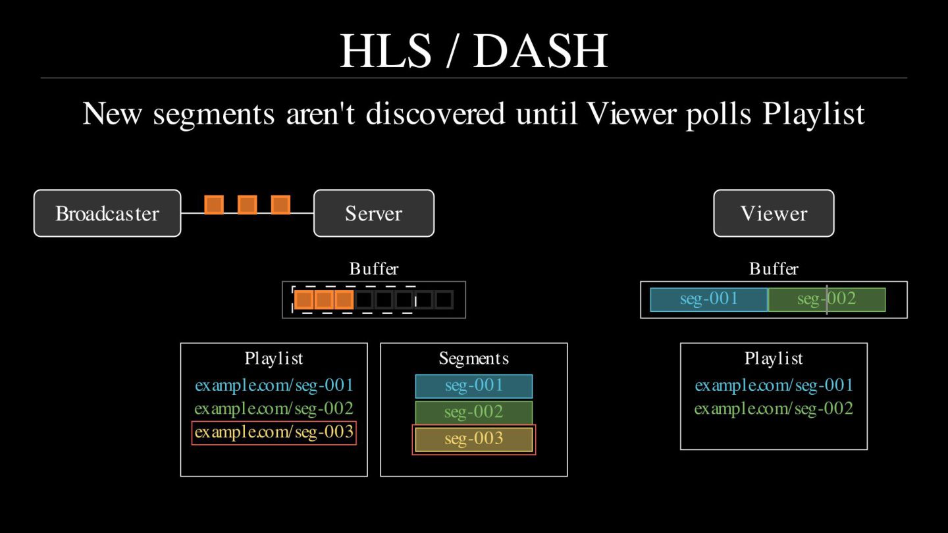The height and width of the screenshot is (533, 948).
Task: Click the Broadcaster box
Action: pyautogui.click(x=107, y=213)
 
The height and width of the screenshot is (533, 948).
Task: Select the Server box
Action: pyautogui.click(x=373, y=213)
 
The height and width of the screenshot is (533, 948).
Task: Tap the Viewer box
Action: pyautogui.click(x=774, y=213)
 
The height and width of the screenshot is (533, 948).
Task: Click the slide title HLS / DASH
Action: pyautogui.click(x=473, y=51)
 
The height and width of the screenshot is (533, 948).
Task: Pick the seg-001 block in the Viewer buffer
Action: pyautogui.click(x=708, y=299)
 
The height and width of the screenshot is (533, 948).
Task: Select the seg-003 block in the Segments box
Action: pyautogui.click(x=473, y=439)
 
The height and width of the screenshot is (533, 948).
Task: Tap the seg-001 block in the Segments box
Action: pyautogui.click(x=473, y=386)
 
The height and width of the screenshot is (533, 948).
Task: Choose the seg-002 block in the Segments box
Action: pyautogui.click(x=473, y=413)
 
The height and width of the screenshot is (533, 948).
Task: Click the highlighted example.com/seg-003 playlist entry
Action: pyautogui.click(x=274, y=433)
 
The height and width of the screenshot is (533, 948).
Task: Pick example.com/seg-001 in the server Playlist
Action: pyautogui.click(x=274, y=386)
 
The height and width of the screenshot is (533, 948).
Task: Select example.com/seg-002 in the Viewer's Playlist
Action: pyautogui.click(x=774, y=409)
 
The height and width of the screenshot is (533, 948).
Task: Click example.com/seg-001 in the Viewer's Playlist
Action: pyautogui.click(x=774, y=386)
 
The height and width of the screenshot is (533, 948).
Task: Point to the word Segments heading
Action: pyautogui.click(x=473, y=359)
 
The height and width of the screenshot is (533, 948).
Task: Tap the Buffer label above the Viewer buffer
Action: pyautogui.click(x=774, y=268)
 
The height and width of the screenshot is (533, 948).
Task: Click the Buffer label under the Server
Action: pyautogui.click(x=373, y=268)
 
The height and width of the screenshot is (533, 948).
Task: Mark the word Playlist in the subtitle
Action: pyautogui.click(x=814, y=114)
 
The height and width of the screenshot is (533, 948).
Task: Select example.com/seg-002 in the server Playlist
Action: pyautogui.click(x=274, y=409)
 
